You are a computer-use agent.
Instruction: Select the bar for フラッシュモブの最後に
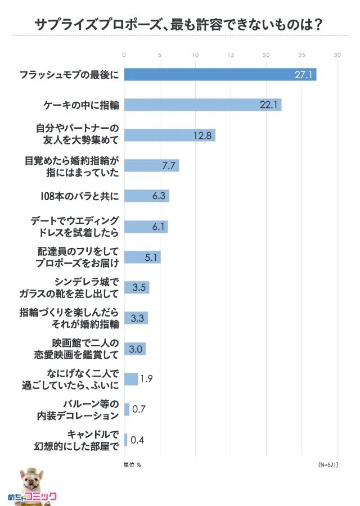tap(220, 74)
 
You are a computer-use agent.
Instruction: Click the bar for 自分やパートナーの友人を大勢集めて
tap(169, 135)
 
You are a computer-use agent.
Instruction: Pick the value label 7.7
tap(169, 166)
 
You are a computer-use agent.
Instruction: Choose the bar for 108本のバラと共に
tap(146, 196)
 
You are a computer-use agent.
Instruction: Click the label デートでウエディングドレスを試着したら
tap(75, 227)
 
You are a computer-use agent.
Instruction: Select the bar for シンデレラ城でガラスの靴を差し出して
tap(136, 288)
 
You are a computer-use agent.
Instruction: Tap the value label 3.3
tap(138, 318)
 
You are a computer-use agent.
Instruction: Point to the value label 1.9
tap(146, 379)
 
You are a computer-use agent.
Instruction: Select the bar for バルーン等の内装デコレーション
tap(127, 409)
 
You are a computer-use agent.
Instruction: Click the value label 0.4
tap(137, 440)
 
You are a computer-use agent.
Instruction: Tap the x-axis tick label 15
tap(231, 55)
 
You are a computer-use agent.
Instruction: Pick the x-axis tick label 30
tap(337, 55)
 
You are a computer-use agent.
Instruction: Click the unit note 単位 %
tap(132, 465)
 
